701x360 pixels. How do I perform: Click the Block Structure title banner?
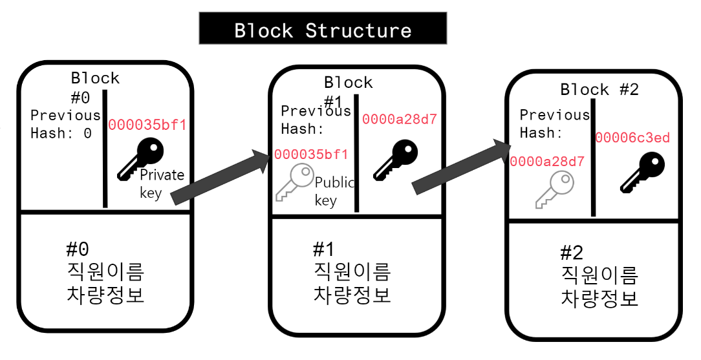(x=323, y=30)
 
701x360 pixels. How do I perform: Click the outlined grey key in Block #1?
(x=295, y=183)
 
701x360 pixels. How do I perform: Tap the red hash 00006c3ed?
(x=632, y=138)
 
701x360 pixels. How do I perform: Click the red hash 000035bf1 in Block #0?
(x=147, y=124)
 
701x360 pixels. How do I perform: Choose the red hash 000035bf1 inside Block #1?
(x=311, y=154)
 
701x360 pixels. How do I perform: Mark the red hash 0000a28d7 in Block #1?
(x=399, y=119)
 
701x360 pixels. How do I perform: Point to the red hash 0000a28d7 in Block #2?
(x=547, y=162)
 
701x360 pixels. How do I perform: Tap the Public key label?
(x=334, y=191)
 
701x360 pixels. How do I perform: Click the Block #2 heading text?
(x=599, y=90)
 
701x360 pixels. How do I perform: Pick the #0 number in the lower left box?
(x=77, y=248)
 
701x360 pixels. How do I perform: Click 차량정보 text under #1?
(x=352, y=295)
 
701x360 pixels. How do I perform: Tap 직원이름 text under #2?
(x=599, y=275)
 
